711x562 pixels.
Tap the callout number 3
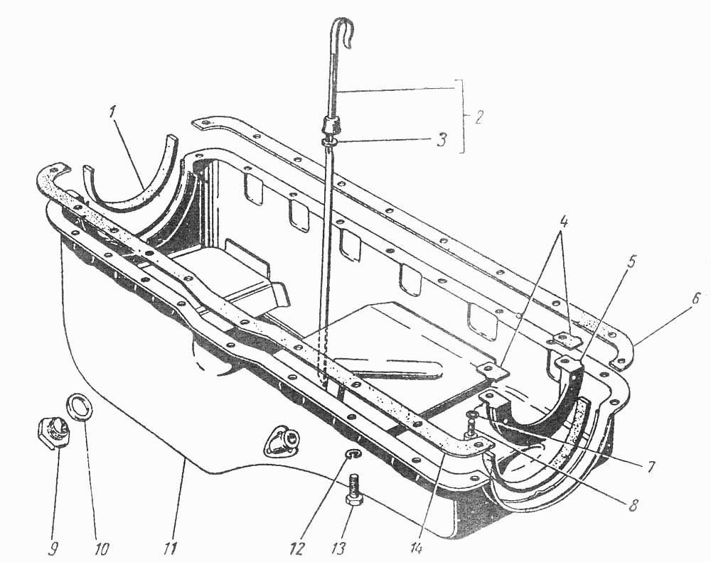[442, 139]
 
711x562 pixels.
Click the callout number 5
[631, 261]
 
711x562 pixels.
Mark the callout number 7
[651, 466]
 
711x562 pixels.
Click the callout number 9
[53, 549]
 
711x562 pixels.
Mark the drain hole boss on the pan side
[282, 440]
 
